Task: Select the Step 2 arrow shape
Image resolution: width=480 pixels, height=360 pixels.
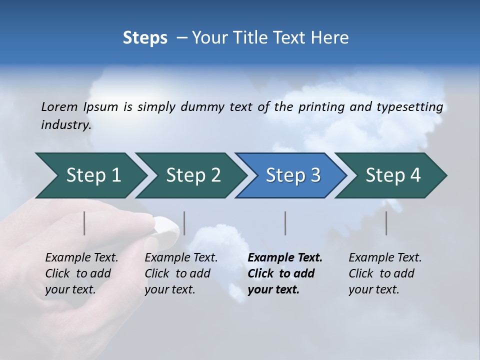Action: coord(192,175)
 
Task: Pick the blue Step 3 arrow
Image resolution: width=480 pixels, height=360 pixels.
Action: coord(292,175)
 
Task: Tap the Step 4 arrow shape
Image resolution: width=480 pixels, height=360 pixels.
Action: coord(392,175)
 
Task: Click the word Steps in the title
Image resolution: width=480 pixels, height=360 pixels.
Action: coord(145,38)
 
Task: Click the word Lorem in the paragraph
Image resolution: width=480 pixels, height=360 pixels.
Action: coord(59,107)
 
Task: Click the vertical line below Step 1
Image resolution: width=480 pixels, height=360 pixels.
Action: coord(84,223)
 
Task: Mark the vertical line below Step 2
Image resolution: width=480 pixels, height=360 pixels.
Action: coord(184,223)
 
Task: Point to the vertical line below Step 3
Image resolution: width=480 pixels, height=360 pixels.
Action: coord(285,223)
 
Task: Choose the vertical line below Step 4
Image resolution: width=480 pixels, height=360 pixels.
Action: coord(386,223)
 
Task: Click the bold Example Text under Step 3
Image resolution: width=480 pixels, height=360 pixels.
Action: coord(285,258)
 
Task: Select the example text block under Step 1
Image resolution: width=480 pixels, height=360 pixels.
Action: coord(81,273)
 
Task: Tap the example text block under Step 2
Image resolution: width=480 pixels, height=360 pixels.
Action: coord(181,273)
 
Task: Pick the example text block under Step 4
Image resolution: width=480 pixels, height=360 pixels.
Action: coord(385,273)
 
